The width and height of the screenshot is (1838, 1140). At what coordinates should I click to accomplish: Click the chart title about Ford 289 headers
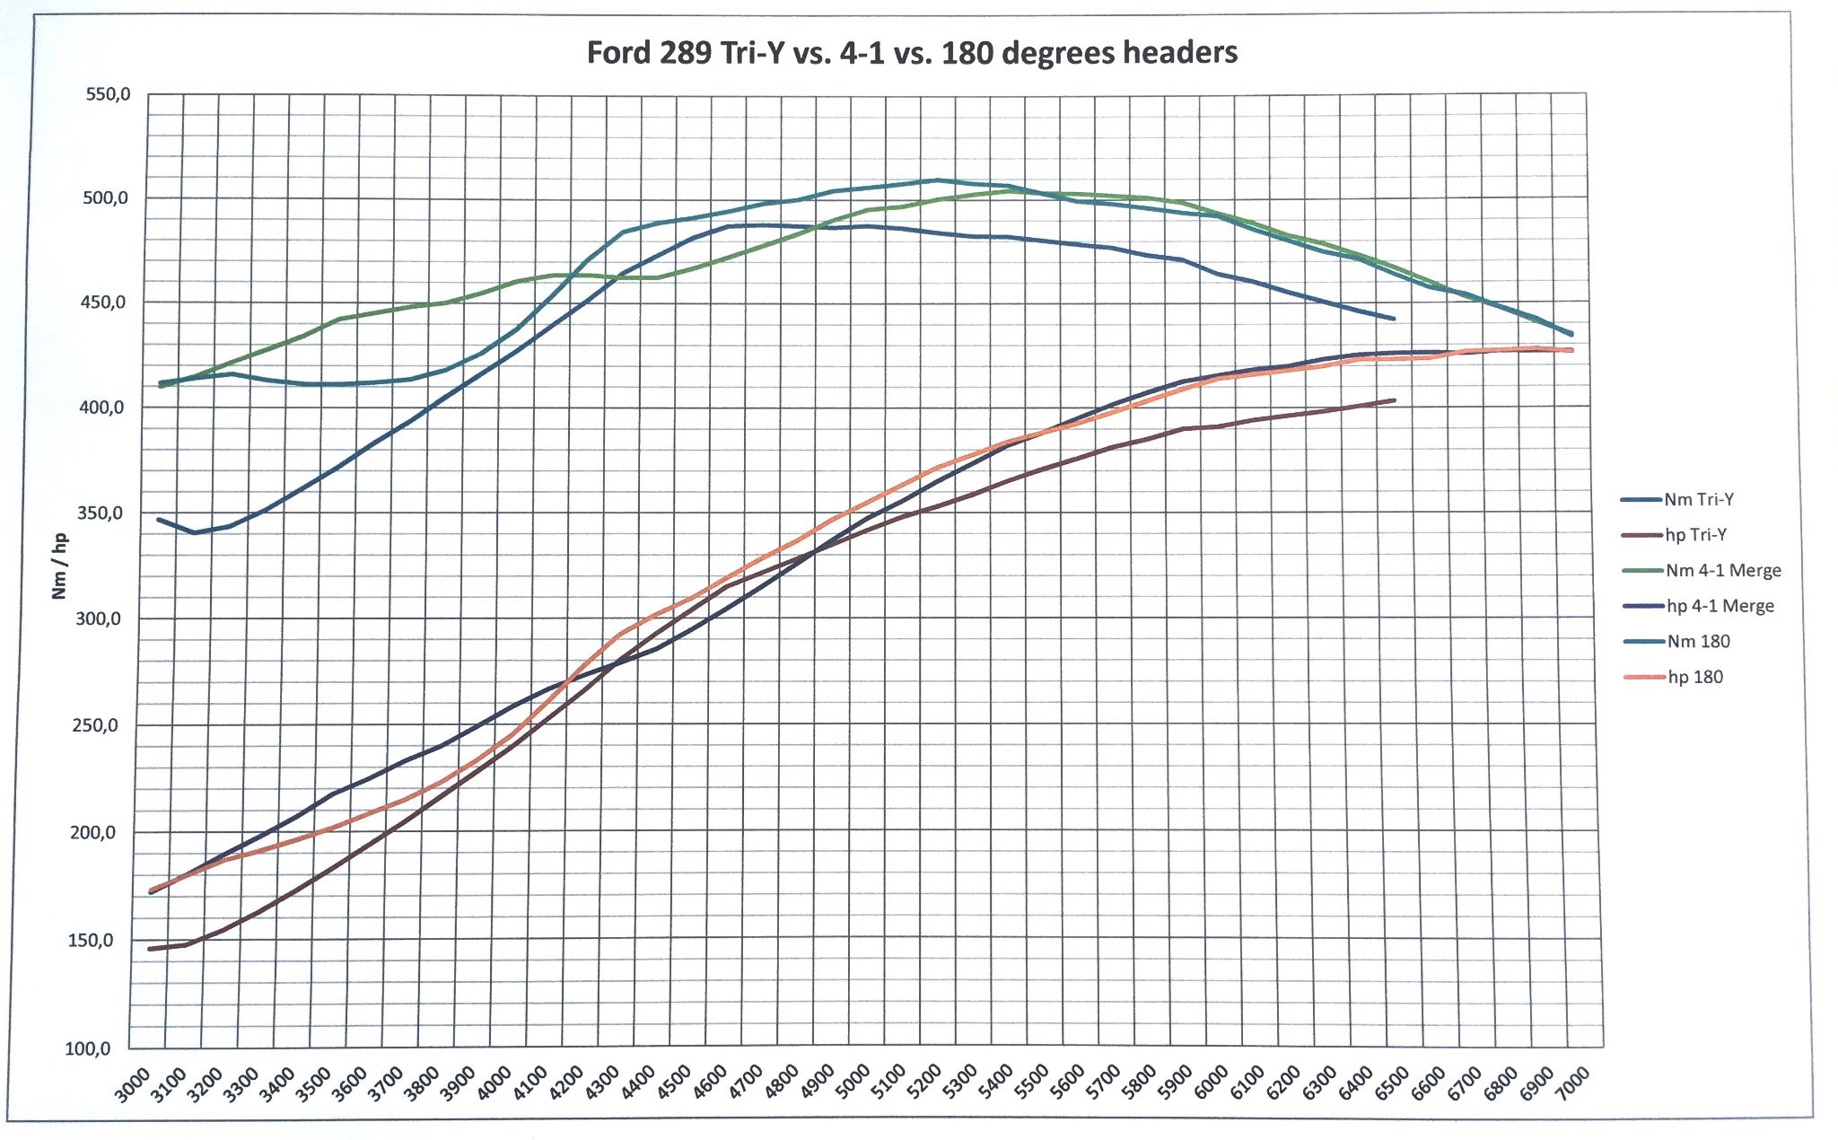point(912,52)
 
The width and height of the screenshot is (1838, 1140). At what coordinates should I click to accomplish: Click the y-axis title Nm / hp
point(59,566)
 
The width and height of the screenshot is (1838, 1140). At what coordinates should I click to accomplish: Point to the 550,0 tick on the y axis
point(109,94)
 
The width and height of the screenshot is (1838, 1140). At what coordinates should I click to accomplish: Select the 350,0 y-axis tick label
point(97,513)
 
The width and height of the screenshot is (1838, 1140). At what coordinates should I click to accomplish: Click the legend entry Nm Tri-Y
point(1698,500)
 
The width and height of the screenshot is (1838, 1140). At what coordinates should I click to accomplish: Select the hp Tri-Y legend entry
point(1695,535)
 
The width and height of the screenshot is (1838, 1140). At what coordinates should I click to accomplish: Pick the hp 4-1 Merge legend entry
point(1720,606)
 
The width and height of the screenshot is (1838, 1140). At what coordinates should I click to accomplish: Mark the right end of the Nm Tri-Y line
point(1394,319)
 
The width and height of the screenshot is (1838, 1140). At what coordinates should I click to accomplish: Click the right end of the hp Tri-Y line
point(1394,400)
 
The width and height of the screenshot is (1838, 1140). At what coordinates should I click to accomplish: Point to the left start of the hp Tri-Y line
point(150,949)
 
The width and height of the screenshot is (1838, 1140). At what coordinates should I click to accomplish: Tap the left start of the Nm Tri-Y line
point(159,519)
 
